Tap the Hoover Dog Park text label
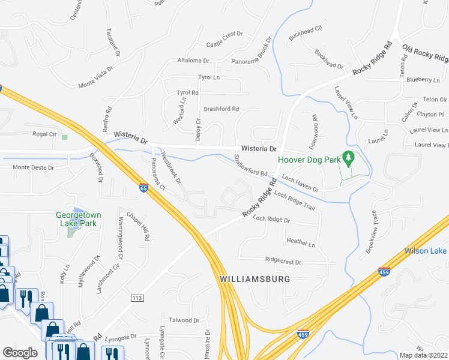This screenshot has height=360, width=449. [x=309, y=161]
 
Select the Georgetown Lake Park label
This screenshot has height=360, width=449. [x=77, y=218]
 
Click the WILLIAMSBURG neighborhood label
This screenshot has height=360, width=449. [x=255, y=280]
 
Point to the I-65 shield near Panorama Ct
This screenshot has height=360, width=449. [x=143, y=188]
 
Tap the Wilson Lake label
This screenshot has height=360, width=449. [x=426, y=251]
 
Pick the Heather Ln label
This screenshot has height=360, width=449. [x=301, y=244]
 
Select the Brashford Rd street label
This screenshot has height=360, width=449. [x=221, y=109]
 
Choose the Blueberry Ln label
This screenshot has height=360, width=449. [x=423, y=79]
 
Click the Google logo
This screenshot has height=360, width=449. [x=20, y=352]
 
